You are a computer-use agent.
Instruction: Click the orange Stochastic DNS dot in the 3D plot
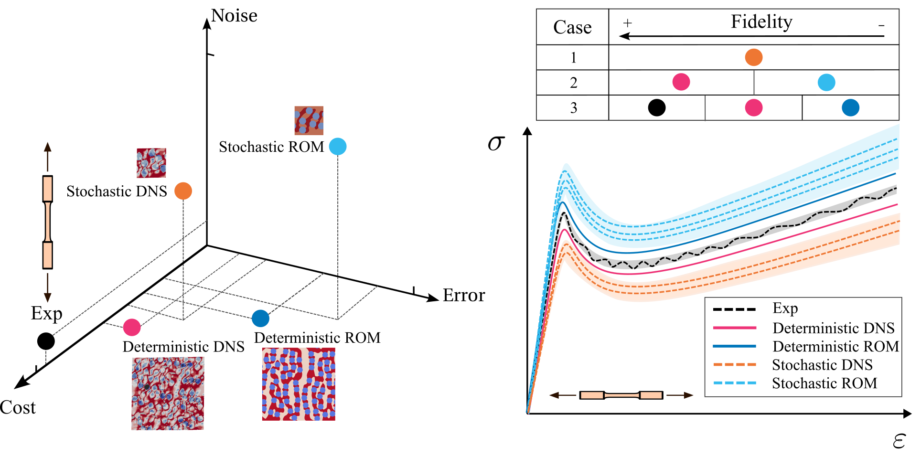pos(183,191)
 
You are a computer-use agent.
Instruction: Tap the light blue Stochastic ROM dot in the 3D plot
pos(338,146)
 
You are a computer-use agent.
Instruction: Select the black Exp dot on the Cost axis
pos(46,341)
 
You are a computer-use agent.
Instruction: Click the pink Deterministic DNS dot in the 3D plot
pos(132,327)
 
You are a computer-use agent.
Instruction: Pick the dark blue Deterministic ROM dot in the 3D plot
pos(260,318)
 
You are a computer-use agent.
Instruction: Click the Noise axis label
pos(234,16)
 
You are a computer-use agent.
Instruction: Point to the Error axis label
pos(463,295)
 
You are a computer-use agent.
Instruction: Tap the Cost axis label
pos(18,407)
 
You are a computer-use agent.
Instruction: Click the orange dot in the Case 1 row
pos(754,57)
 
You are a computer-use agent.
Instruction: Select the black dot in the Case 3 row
pos(657,107)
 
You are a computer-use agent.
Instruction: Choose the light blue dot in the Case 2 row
pos(826,82)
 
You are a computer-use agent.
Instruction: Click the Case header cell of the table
pos(572,27)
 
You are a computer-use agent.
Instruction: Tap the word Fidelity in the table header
pos(761,22)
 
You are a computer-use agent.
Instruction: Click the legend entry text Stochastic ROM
pos(825,383)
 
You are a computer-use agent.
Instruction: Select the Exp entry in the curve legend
pos(785,308)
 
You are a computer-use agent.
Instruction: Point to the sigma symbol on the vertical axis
pos(496,143)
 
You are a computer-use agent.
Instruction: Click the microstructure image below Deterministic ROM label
pos(299,384)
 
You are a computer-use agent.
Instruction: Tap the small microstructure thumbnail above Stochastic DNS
pos(151,162)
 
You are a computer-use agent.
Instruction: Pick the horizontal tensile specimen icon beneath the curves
pos(621,395)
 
